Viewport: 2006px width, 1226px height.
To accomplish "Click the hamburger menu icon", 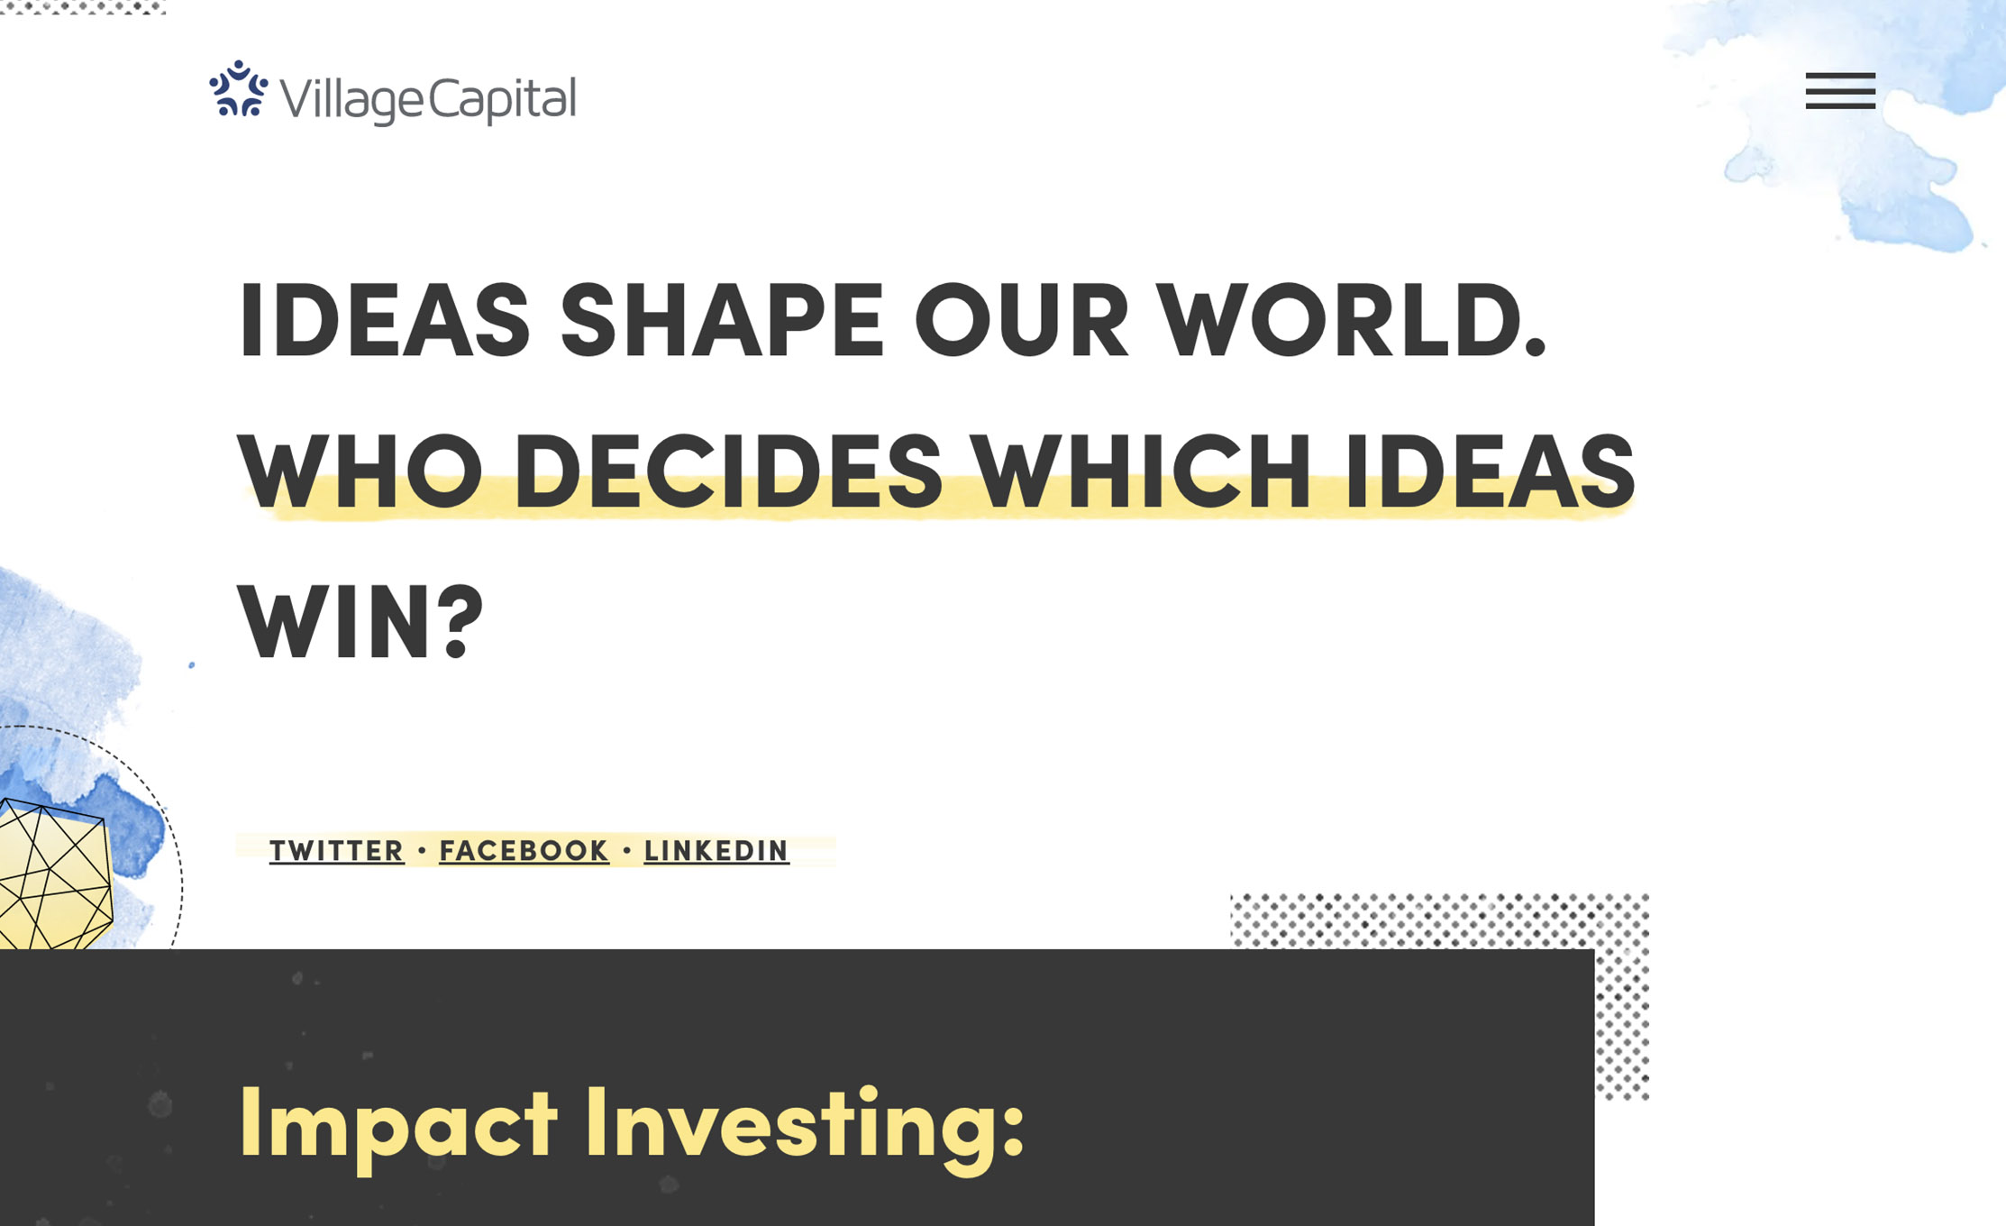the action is point(1840,91).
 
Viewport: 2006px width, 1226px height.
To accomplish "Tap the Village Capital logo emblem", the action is point(239,88).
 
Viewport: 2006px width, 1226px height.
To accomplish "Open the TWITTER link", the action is point(337,851).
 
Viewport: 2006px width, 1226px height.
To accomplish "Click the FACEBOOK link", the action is point(524,851).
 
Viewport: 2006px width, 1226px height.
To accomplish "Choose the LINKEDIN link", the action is point(716,851).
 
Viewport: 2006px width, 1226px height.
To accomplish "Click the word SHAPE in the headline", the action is point(722,320).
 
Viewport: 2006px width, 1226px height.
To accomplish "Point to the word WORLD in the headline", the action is point(1352,320).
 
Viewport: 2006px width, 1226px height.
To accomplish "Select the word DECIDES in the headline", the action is point(728,471).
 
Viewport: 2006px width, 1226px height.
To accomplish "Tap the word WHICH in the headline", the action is point(1144,471).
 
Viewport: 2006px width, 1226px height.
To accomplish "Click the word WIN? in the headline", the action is point(360,622).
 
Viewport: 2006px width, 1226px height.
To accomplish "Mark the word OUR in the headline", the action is point(1021,320).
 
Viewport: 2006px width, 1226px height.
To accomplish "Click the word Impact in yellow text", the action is point(398,1127).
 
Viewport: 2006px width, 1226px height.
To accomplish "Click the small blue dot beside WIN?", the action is point(191,665).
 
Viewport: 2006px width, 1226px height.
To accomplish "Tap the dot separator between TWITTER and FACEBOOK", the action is point(422,850).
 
